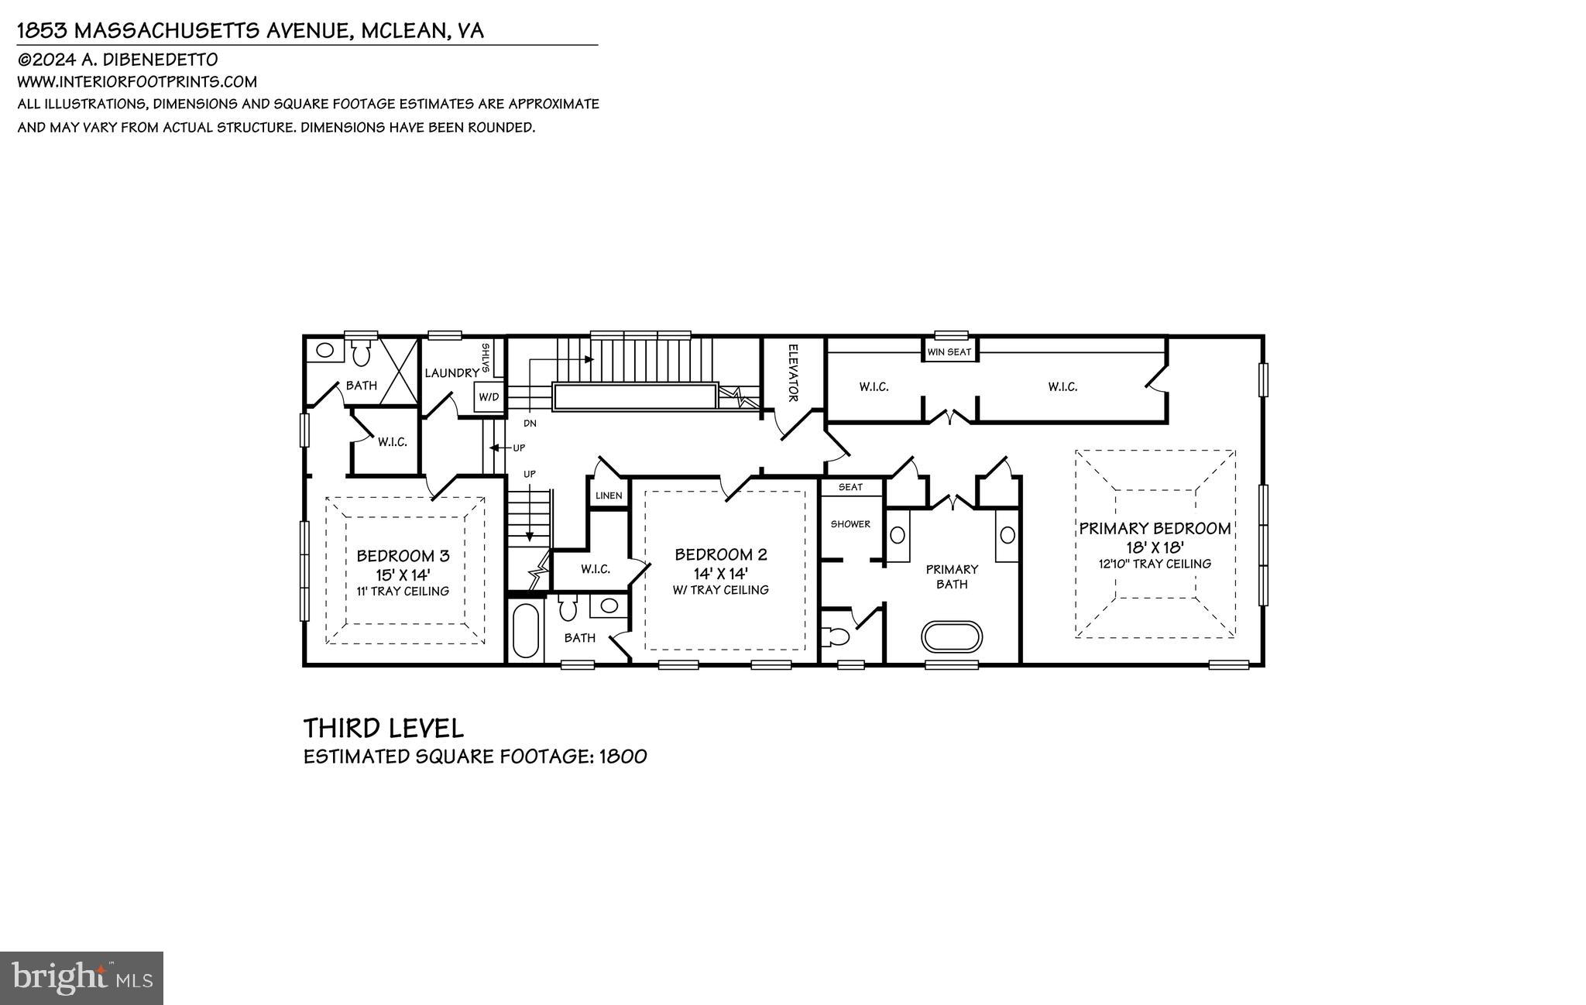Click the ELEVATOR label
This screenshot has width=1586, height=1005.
click(x=793, y=373)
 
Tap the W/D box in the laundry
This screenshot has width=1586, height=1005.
click(x=489, y=397)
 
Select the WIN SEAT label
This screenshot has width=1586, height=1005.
click(x=949, y=352)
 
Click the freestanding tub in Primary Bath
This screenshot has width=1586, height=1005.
click(x=952, y=636)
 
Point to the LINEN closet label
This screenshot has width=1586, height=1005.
click(x=609, y=496)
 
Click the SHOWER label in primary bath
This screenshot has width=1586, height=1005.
click(x=850, y=524)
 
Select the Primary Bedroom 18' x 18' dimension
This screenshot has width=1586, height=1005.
click(x=1155, y=547)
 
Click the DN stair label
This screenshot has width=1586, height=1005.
click(x=530, y=424)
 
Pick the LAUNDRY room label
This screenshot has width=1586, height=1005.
click(x=451, y=373)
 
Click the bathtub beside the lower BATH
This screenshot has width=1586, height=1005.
click(x=526, y=630)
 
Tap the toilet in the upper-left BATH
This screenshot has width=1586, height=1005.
click(x=361, y=355)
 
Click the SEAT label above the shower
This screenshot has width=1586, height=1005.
click(x=850, y=487)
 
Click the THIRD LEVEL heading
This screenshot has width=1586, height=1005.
click(x=383, y=729)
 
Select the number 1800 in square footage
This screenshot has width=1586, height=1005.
click(x=623, y=756)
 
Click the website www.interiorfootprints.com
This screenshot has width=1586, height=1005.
click(x=137, y=81)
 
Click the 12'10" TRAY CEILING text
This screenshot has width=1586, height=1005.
click(x=1155, y=564)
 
